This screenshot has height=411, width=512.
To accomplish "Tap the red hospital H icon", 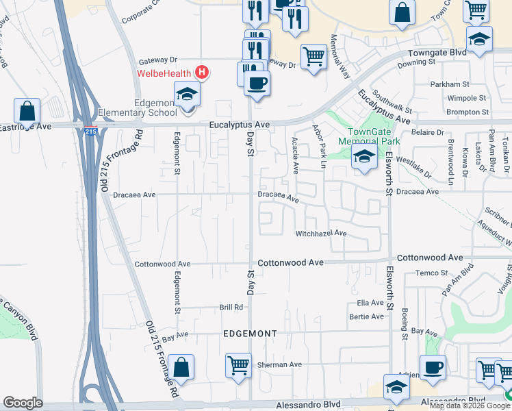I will click(x=201, y=71).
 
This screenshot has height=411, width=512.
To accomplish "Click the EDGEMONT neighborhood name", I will click(x=250, y=334).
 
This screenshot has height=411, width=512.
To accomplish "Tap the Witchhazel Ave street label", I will click(x=321, y=234).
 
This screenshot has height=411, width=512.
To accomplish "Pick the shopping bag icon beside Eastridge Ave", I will click(x=27, y=110).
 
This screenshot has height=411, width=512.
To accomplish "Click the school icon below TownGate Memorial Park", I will click(x=364, y=158).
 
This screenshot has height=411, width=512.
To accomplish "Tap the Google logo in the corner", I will click(x=23, y=403).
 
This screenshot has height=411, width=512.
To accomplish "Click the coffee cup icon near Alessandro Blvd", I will click(x=433, y=367).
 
